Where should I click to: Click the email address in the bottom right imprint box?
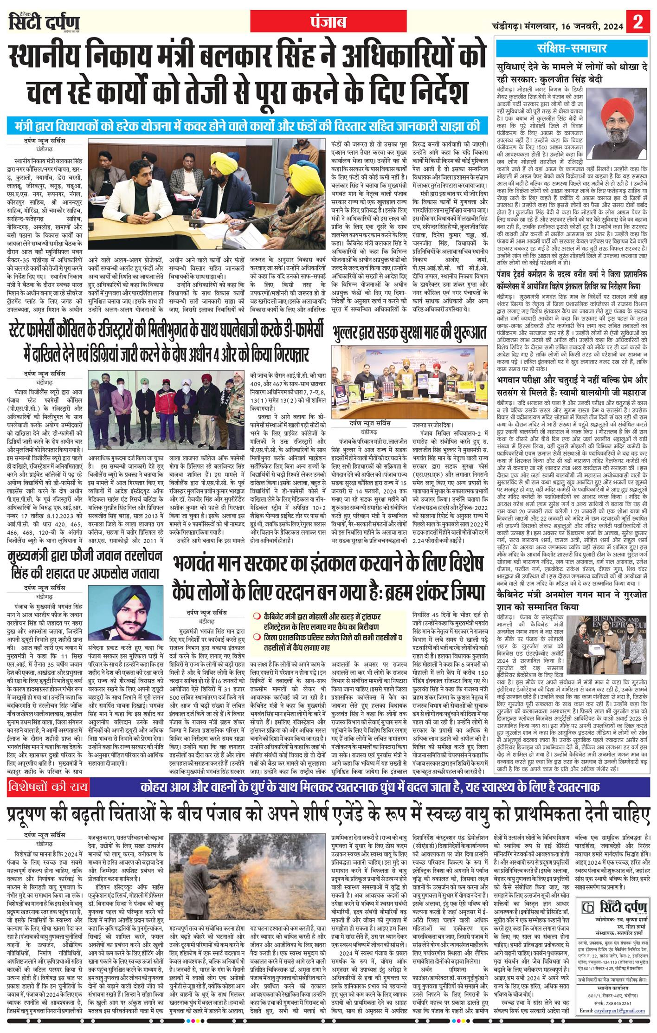[612, 1020]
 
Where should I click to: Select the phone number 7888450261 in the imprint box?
[618, 1012]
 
